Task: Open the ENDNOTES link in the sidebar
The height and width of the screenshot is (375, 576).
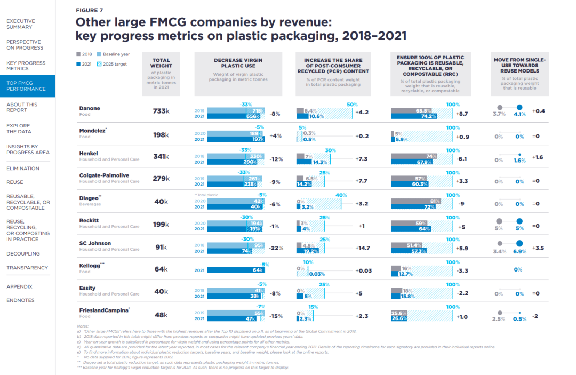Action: click(20, 300)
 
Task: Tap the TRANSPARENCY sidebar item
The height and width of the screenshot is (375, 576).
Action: click(27, 268)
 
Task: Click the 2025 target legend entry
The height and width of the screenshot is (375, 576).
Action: click(114, 63)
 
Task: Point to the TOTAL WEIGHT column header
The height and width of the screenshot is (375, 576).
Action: click(161, 63)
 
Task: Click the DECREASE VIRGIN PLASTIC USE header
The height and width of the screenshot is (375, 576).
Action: click(238, 63)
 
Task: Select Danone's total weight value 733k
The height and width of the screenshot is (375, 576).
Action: click(161, 111)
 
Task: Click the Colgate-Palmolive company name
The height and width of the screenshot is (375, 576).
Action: click(104, 175)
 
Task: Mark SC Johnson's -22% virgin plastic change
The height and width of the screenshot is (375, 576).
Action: click(276, 248)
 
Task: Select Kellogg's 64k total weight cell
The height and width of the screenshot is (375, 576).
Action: click(161, 269)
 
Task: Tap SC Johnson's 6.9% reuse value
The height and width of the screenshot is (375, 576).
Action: click(520, 251)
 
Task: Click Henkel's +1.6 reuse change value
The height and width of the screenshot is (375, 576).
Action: click(538, 158)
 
